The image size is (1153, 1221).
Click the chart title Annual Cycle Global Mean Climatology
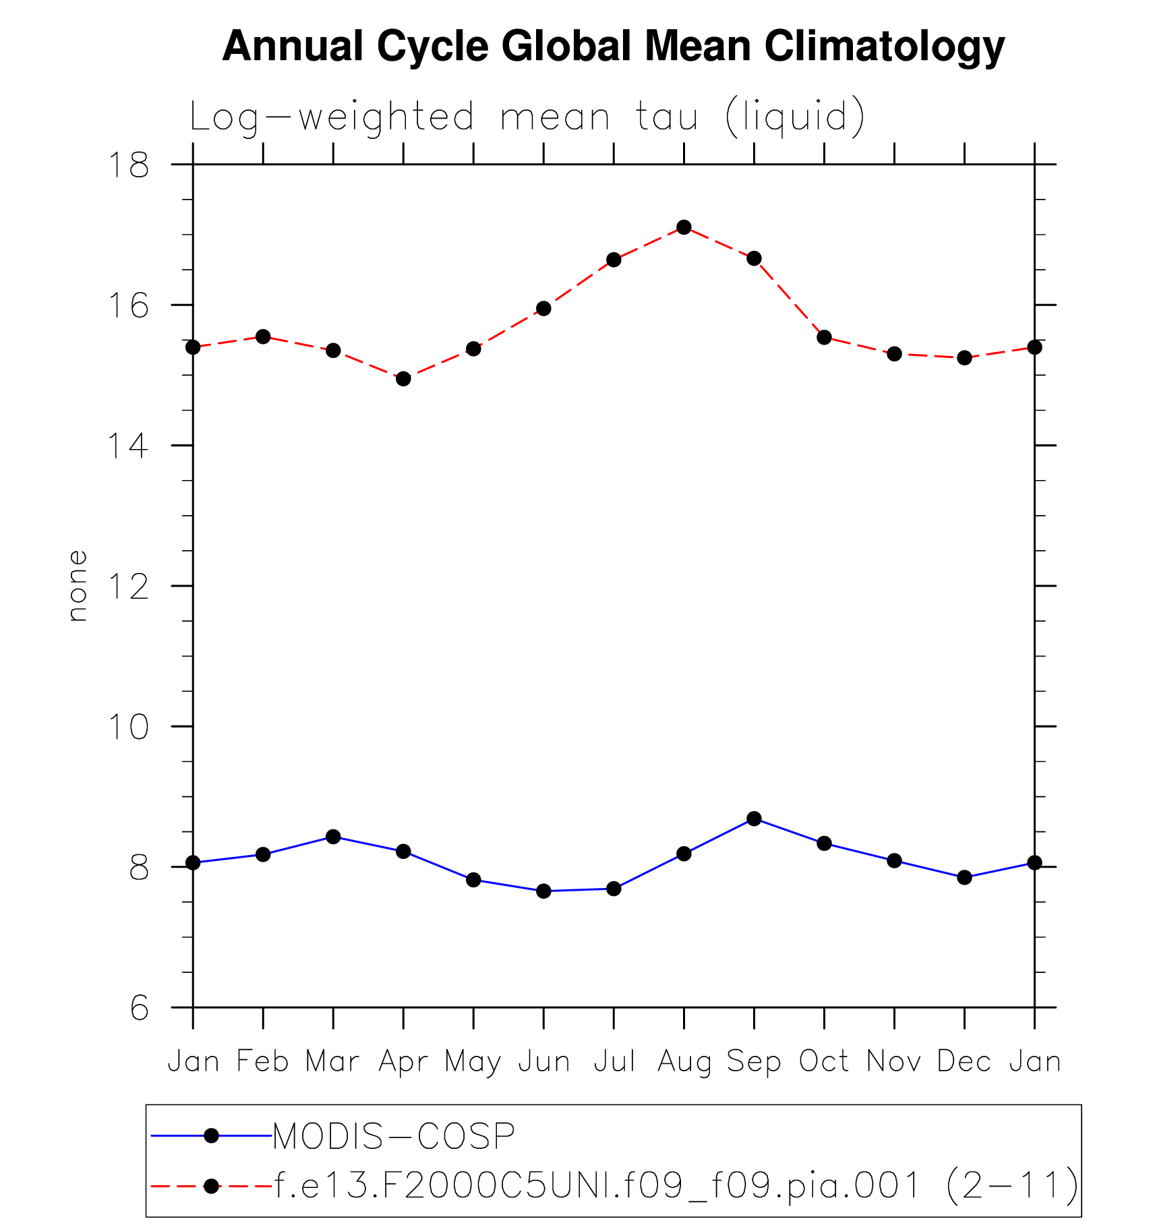click(613, 47)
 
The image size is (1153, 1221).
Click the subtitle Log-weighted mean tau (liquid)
click(527, 117)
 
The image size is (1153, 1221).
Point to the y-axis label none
click(78, 585)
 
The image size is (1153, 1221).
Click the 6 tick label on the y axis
click(139, 1009)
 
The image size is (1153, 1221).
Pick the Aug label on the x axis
click(684, 1061)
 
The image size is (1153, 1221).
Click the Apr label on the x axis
click(403, 1061)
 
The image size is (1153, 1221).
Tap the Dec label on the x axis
click(964, 1061)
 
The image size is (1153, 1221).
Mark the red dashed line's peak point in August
click(684, 227)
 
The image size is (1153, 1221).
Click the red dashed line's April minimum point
click(403, 379)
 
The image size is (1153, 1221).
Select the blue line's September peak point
click(754, 818)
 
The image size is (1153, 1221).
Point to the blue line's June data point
click(543, 891)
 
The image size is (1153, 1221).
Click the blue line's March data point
click(333, 837)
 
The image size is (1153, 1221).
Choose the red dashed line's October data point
click(824, 337)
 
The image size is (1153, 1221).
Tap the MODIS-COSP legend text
click(394, 1136)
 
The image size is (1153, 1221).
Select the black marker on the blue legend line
click(211, 1136)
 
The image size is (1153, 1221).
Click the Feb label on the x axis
click(263, 1061)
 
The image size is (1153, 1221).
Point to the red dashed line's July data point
click(614, 260)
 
